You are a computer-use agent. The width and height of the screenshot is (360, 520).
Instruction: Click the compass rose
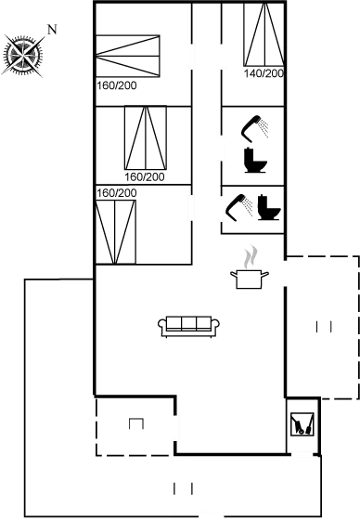(x=22, y=55)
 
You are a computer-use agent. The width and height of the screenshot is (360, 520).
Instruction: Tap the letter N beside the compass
(x=51, y=29)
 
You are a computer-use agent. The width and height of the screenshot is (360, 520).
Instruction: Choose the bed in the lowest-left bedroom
(x=116, y=228)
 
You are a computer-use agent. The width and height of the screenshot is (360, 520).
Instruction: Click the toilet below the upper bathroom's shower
(x=255, y=163)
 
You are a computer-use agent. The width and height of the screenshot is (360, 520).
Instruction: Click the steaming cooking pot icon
(x=249, y=271)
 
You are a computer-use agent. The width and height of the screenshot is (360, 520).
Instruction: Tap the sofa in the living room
(x=188, y=325)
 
